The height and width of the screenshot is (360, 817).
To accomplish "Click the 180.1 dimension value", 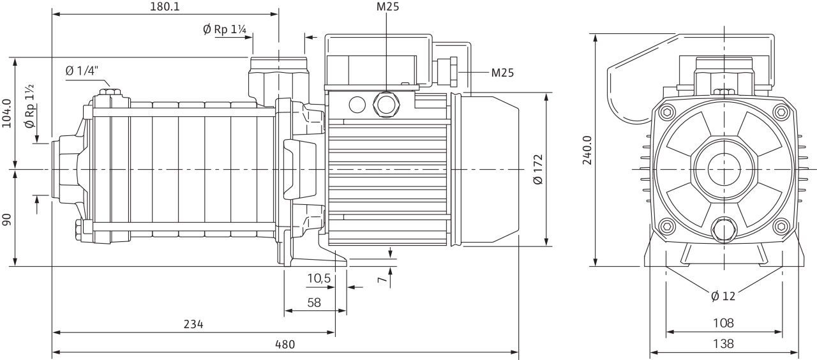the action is point(165,6).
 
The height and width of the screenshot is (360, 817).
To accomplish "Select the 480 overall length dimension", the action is point(285,344).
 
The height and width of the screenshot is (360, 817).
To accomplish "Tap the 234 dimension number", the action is point(193,324).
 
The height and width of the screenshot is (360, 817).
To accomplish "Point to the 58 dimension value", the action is point(314,303).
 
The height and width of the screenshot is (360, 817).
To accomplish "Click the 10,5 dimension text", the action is point(319,278).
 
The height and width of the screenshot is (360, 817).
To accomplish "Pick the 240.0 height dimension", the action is point(587,150).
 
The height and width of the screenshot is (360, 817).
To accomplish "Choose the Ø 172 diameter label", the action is point(538,169).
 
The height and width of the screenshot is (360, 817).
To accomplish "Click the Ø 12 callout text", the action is point(723,296).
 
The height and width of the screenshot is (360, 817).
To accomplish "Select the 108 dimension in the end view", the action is point(723,323).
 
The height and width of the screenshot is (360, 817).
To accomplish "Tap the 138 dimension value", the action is point(723,343).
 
